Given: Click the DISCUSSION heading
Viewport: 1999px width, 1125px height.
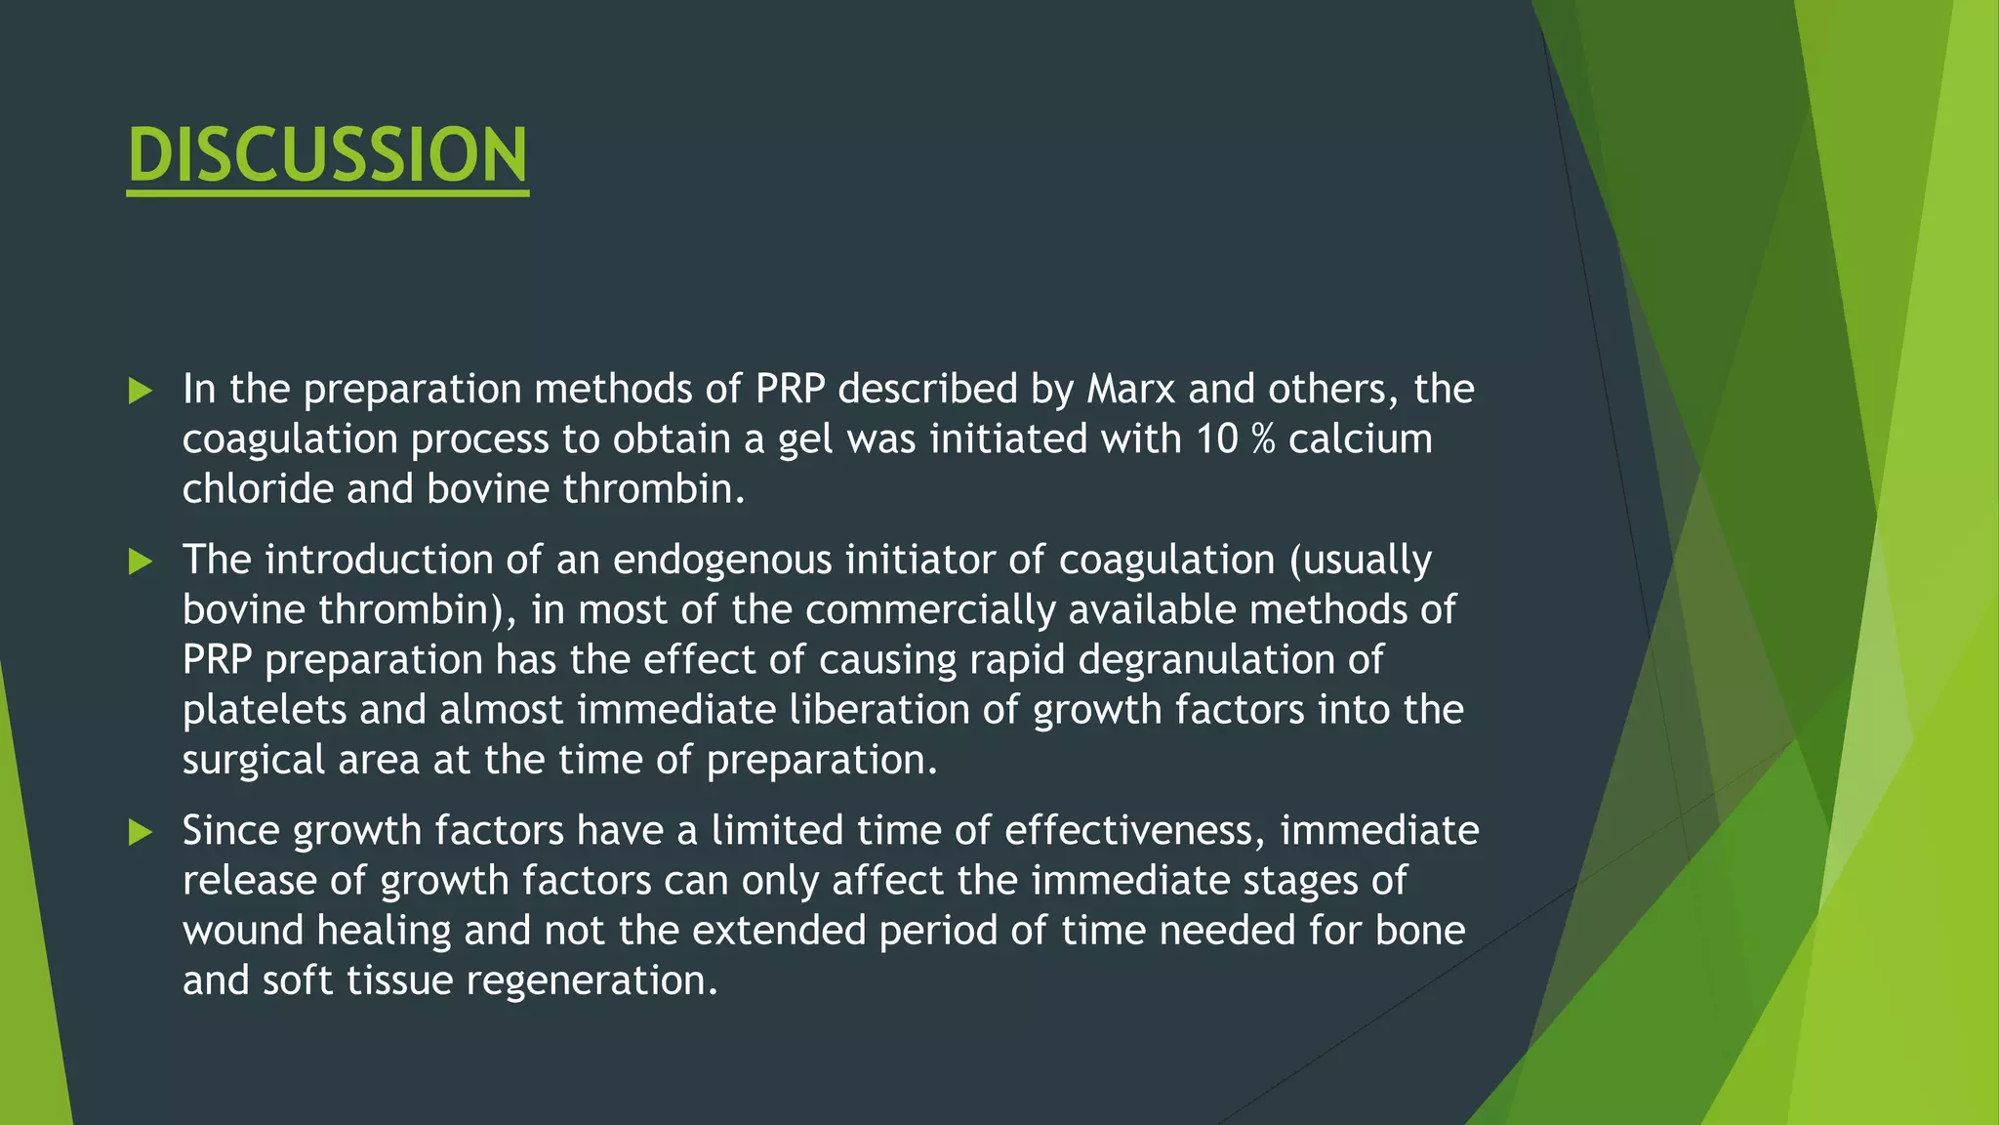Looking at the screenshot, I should (328, 155).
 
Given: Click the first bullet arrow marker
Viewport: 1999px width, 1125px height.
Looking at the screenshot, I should (141, 392).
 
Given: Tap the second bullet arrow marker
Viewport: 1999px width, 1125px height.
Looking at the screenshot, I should (141, 562).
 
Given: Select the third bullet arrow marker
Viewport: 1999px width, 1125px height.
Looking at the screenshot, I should (141, 832).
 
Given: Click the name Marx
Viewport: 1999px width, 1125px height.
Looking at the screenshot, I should (1131, 390).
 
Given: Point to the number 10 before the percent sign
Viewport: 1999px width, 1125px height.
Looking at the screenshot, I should (1217, 439).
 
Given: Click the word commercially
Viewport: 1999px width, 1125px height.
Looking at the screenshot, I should (930, 610).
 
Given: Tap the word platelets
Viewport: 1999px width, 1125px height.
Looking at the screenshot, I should (264, 710).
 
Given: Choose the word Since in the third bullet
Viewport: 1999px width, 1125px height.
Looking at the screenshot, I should (231, 831).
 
